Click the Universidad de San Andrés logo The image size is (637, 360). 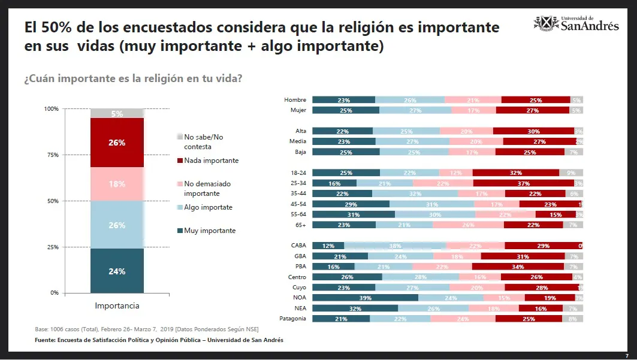pos(576,23)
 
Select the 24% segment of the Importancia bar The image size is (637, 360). pos(117,271)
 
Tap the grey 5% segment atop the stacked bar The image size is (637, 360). pos(117,113)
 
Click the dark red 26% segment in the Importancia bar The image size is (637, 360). pos(117,143)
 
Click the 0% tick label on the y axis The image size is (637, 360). pos(53,293)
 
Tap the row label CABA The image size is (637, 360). pos(298,246)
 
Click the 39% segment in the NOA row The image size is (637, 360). pos(365,298)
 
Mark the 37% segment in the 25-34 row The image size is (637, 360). pos(523,183)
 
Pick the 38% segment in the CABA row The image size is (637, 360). pos(395,246)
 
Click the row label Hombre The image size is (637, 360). pos(295,100)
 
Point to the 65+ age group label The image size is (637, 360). pos(300,225)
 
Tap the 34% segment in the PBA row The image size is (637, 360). pos(518,267)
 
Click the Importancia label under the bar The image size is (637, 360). pos(117,306)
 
